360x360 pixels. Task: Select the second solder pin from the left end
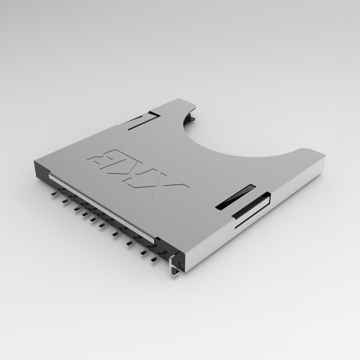pos(63,201)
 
